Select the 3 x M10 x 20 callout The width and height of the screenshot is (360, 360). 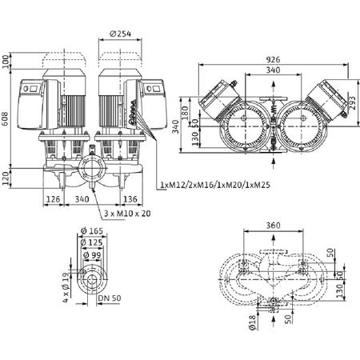(126, 215)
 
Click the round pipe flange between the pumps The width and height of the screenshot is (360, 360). (89, 172)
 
